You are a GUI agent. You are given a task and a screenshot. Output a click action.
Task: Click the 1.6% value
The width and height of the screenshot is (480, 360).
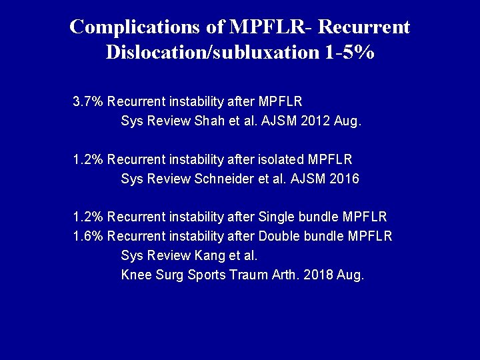point(88,236)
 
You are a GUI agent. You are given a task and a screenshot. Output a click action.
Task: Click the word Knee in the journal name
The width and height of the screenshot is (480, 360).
point(135,275)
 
